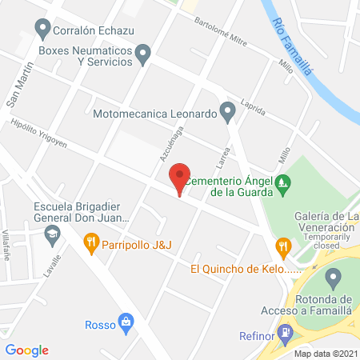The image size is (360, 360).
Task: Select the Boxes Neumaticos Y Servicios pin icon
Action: coord(144,54)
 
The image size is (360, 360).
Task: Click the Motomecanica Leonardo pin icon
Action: coord(228,113)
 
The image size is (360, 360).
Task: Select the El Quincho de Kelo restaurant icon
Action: coord(282,246)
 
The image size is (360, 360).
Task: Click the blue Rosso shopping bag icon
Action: coord(126,322)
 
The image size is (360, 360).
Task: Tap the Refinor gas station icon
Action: coord(283,332)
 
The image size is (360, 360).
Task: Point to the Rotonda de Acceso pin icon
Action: coord(334,279)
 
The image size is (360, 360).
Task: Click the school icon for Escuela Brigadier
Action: coord(52,234)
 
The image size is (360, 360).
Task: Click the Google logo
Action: coord(27,349)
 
